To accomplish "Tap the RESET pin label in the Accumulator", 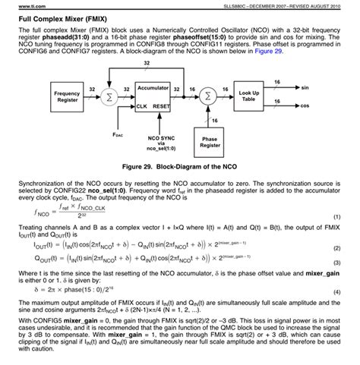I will (160, 107).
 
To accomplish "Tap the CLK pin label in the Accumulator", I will (141, 107).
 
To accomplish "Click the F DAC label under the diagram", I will (115, 134).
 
